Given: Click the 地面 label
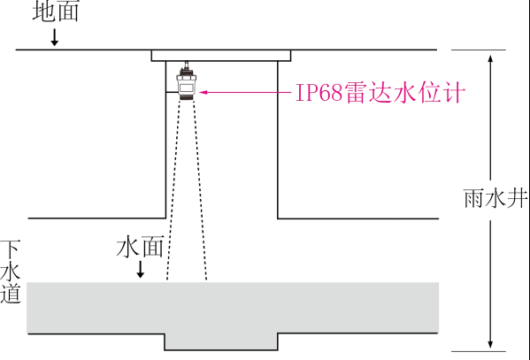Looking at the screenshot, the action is pyautogui.click(x=56, y=11).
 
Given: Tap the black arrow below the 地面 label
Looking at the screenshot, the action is pyautogui.click(x=55, y=37).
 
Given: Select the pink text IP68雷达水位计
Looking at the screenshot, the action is pyautogui.click(x=380, y=92).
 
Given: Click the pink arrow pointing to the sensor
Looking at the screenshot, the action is pyautogui.click(x=245, y=92).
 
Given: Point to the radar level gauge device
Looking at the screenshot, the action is pyautogui.click(x=186, y=81).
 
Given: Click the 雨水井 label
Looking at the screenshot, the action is pyautogui.click(x=495, y=198).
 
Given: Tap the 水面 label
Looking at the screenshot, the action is pyautogui.click(x=141, y=247).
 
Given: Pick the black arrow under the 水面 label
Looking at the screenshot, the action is pyautogui.click(x=141, y=270).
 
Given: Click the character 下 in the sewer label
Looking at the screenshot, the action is pyautogui.click(x=10, y=249).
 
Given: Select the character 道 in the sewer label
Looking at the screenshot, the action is pyautogui.click(x=11, y=293).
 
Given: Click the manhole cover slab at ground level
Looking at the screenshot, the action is pyautogui.click(x=221, y=56).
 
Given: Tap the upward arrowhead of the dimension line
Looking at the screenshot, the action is pyautogui.click(x=490, y=58).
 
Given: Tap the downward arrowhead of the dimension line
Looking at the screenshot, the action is pyautogui.click(x=490, y=344).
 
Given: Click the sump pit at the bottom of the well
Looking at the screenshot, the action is pyautogui.click(x=221, y=341).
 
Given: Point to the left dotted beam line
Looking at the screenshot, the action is pyautogui.click(x=173, y=190).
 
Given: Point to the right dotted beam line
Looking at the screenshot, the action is pyautogui.click(x=200, y=190).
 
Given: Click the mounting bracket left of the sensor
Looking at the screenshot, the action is pyautogui.click(x=172, y=92).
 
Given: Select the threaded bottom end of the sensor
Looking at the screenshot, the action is pyautogui.click(x=186, y=97).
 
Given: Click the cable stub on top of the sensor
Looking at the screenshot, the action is pyautogui.click(x=186, y=65).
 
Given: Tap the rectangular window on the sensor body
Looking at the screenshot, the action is pyautogui.click(x=186, y=88).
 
